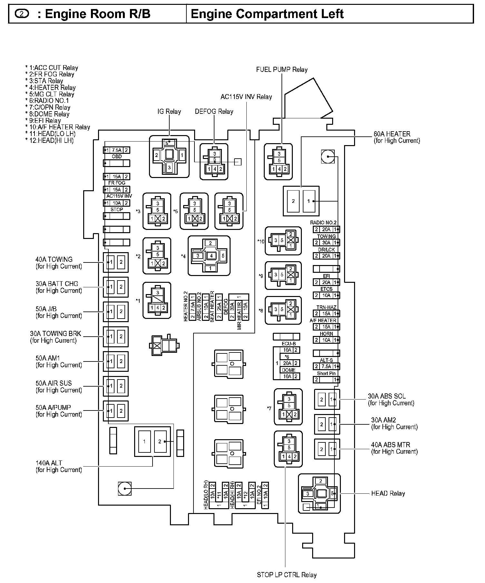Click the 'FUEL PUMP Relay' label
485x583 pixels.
pos(282,70)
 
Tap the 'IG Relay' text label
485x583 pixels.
pos(169,112)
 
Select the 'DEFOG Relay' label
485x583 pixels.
pos(214,112)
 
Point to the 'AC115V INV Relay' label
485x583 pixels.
pos(246,97)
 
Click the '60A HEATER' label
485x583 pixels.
pos(392,134)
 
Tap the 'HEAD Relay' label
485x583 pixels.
pos(388,493)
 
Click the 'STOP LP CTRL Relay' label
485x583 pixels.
pos(287,575)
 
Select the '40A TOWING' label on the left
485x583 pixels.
pos(54,260)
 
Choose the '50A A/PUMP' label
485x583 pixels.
pos(53,408)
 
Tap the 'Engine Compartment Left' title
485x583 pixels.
pos(267,14)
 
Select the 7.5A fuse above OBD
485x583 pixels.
pos(117,150)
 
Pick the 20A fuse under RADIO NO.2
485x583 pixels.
pos(326,229)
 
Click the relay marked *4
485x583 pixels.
pos(209,256)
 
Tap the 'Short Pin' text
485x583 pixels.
pos(326,373)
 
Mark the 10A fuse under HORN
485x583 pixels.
pos(326,340)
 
